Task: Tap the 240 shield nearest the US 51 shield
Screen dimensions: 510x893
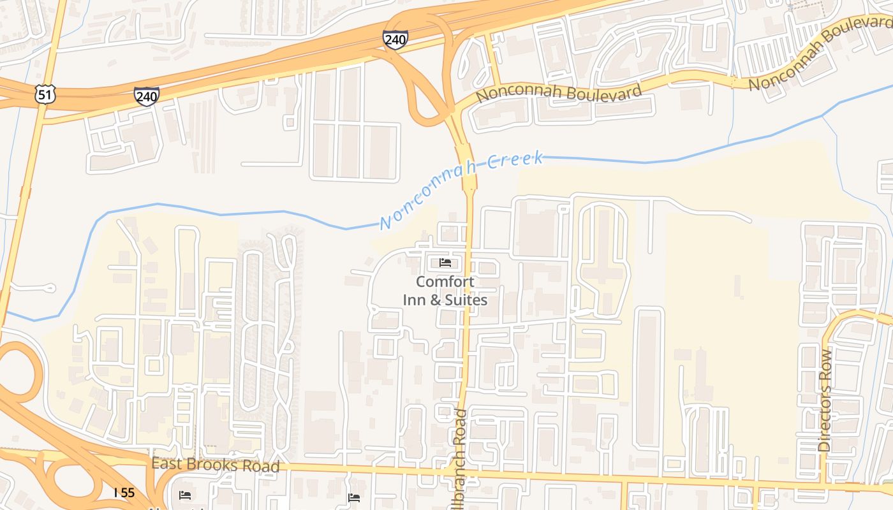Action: (x=147, y=96)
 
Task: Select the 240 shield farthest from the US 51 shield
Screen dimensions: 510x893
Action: (x=395, y=39)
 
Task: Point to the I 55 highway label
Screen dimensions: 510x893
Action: (x=124, y=493)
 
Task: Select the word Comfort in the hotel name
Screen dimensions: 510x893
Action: (x=445, y=282)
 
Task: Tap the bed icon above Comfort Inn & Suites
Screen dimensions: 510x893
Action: (x=445, y=263)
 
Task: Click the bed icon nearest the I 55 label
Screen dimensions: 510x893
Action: (x=185, y=495)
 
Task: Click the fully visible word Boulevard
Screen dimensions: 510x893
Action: (x=602, y=92)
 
